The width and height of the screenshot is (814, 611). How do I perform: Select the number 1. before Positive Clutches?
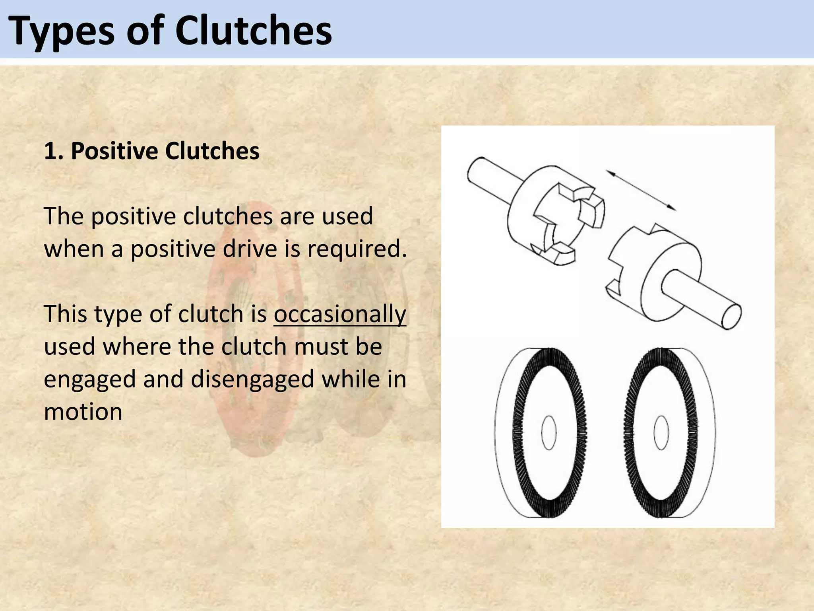[54, 151]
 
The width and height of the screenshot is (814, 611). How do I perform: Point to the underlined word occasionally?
[340, 314]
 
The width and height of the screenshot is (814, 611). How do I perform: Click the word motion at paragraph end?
[83, 412]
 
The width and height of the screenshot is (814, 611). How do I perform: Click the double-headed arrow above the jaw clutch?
[640, 190]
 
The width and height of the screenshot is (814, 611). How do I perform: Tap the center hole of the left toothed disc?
[549, 433]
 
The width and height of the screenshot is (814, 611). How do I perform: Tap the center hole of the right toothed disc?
[661, 433]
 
